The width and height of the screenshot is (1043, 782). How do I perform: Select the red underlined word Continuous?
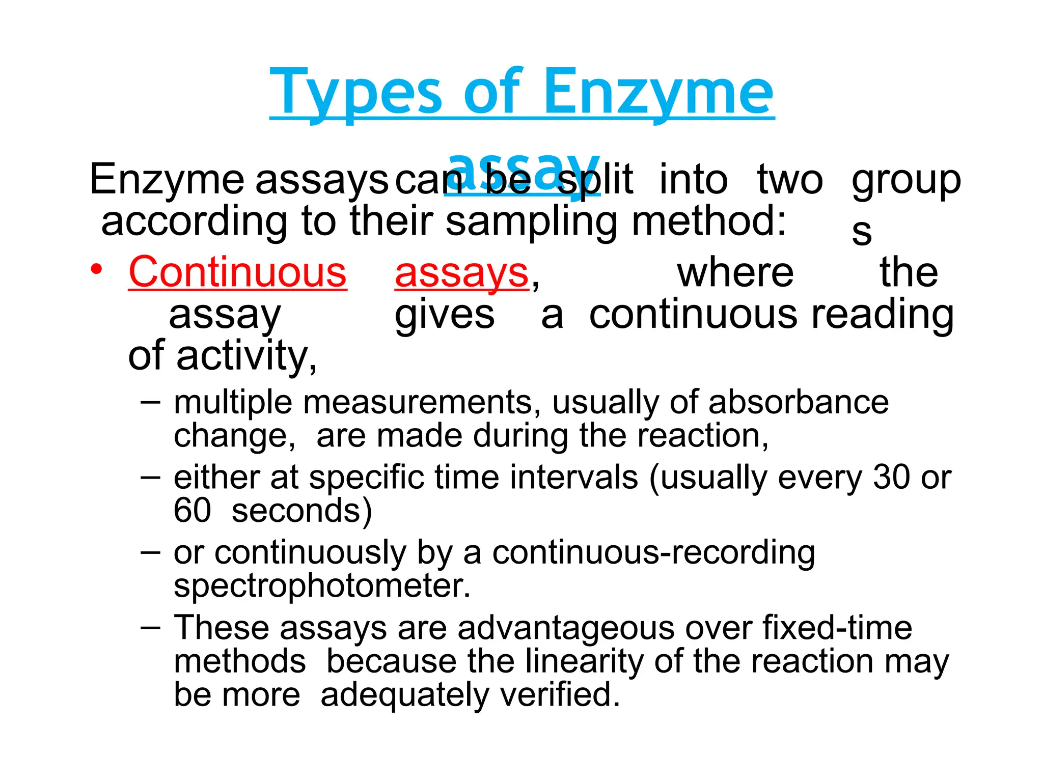coord(237,272)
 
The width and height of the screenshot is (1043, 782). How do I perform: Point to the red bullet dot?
coord(96,269)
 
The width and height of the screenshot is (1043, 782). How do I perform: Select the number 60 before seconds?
coord(192,511)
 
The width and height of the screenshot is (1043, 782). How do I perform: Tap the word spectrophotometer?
coord(322,586)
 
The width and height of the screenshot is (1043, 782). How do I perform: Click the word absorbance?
coord(798,403)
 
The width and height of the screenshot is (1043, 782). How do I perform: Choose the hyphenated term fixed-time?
coord(837,628)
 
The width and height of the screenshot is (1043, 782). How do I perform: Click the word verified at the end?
coord(560,695)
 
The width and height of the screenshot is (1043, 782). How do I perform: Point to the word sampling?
coord(531,222)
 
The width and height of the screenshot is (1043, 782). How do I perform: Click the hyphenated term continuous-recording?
coord(653,553)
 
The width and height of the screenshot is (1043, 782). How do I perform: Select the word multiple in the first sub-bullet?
coord(233,403)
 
